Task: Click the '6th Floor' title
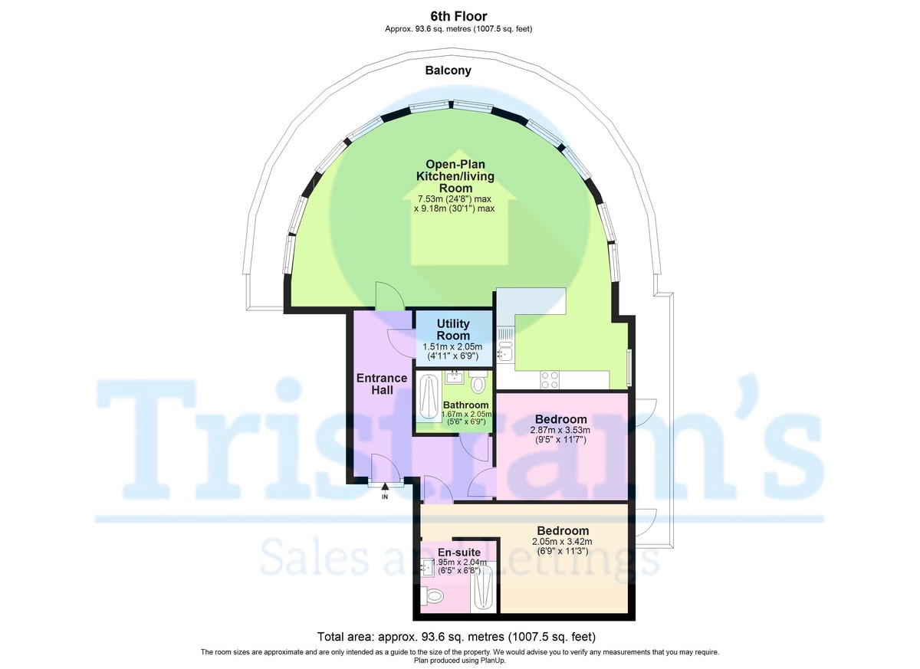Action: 458,16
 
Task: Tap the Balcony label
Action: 449,71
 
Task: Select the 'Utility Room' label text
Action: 453,330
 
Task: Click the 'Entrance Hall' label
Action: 381,384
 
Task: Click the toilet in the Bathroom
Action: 478,382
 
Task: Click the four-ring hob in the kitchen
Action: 550,379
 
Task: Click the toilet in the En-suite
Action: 433,594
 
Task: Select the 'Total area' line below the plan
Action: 457,637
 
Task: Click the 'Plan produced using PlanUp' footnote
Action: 459,660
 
